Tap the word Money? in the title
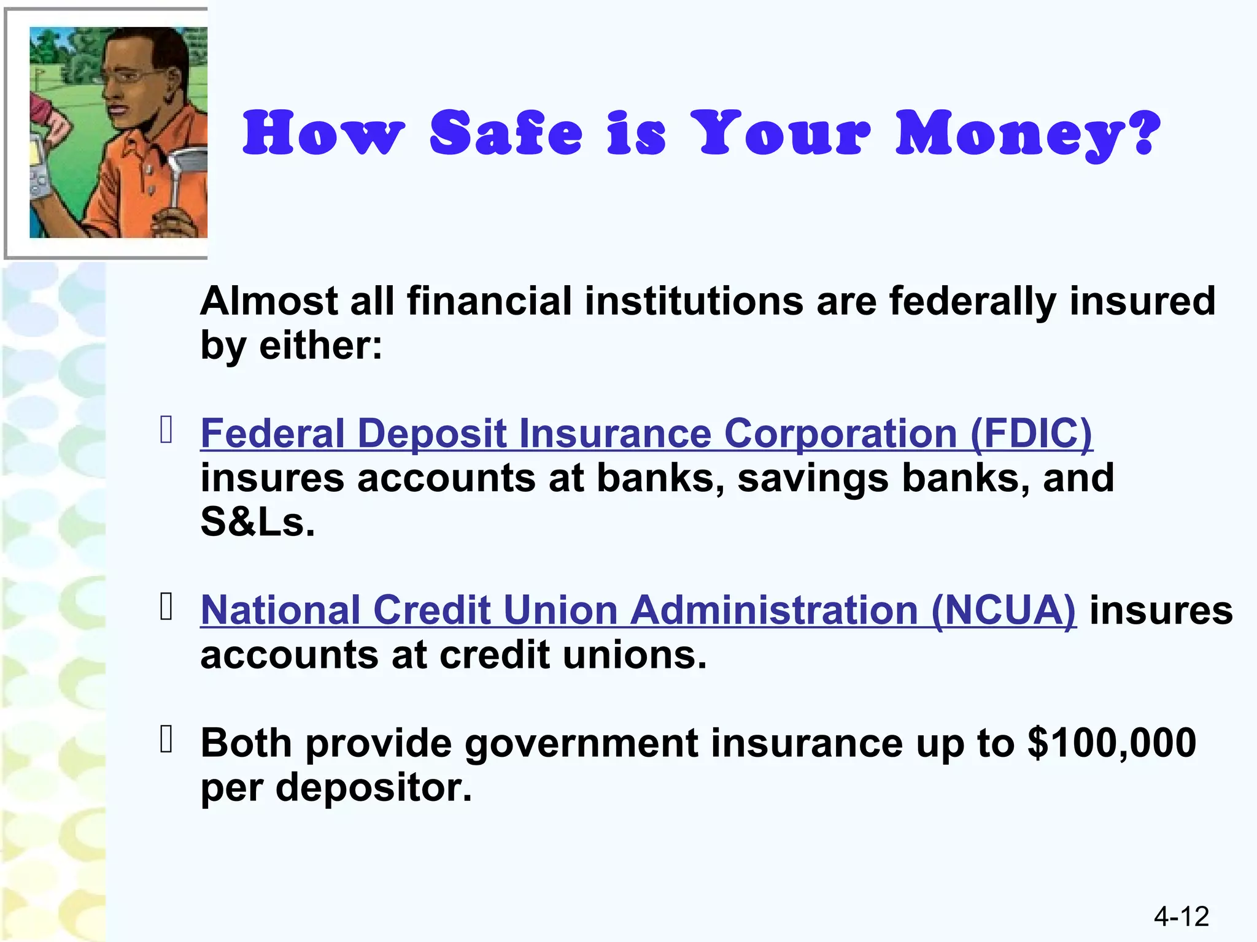coord(1027,134)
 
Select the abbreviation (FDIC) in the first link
coord(1031,434)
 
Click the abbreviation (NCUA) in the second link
coord(1003,610)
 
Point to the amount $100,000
coord(1112,743)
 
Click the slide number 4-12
coord(1181,916)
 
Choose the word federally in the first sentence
coord(972,302)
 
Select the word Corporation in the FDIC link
coord(840,434)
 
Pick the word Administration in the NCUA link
coord(774,610)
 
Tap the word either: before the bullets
coord(320,346)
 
